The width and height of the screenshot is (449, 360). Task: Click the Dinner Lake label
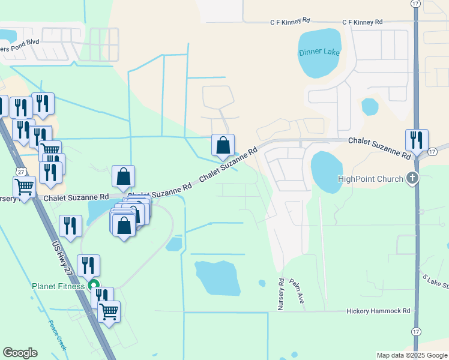(x=319, y=52)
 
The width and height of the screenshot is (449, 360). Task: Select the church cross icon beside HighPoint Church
(x=412, y=178)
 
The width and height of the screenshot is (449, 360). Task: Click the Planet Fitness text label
(x=58, y=286)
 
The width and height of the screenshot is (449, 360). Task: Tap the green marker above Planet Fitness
(x=93, y=285)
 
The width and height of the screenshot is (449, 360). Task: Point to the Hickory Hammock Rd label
(x=378, y=311)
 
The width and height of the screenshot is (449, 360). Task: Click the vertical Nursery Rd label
(x=280, y=293)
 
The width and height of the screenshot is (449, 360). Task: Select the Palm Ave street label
(x=295, y=295)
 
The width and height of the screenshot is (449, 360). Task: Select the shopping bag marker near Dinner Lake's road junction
(x=223, y=145)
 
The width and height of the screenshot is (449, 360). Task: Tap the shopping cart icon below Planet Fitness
(x=109, y=311)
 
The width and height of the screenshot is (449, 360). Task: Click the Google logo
(x=20, y=353)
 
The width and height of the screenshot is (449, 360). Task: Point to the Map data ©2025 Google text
(x=411, y=355)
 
